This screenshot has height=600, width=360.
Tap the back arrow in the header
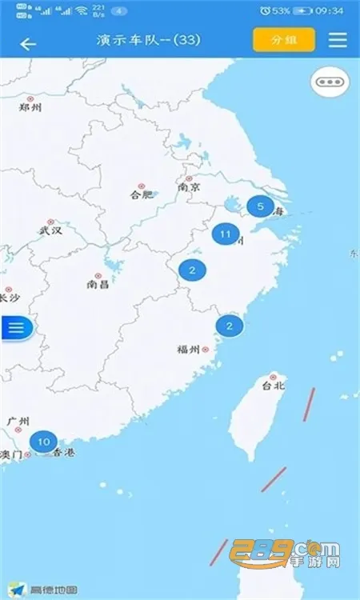tap(28, 43)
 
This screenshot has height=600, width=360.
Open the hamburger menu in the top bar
tap(338, 40)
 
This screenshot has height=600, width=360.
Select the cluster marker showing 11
tap(225, 235)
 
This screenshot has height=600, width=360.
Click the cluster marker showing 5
tap(259, 206)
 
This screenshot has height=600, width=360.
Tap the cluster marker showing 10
tap(43, 441)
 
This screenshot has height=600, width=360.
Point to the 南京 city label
tap(190, 187)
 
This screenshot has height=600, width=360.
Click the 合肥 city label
tap(140, 194)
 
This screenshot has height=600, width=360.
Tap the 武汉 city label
tap(50, 230)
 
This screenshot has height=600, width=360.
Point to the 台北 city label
tap(273, 385)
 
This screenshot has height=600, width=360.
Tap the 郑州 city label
tap(30, 108)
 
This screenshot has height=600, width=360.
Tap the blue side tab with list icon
tap(18, 326)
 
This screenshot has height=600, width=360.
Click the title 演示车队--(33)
tap(148, 40)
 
